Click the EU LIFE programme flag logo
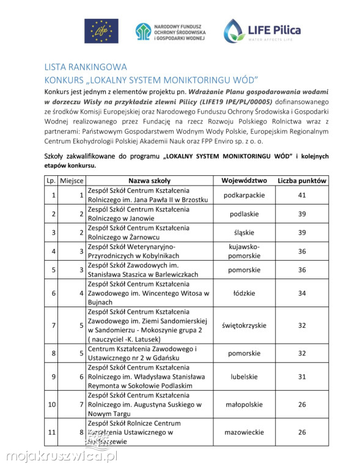point(101,31)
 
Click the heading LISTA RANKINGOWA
point(86,67)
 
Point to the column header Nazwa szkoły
point(149,181)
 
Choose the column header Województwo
point(244,181)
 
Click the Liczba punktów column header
point(302,181)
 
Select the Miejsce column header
point(74,181)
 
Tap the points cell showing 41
point(302,195)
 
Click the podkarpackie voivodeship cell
point(244,195)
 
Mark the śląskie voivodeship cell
point(244,233)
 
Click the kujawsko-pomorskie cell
point(244,251)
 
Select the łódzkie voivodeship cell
point(244,293)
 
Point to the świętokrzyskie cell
point(244,325)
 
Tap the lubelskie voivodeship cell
point(244,377)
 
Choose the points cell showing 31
point(302,377)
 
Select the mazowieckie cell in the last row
point(244,432)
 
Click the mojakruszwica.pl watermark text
point(62,456)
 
